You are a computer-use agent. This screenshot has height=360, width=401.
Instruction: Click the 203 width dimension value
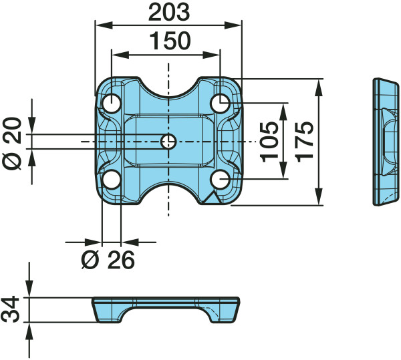(x=169, y=13)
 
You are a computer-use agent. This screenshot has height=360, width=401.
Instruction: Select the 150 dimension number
(x=170, y=41)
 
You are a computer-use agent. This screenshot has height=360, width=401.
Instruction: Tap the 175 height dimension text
(x=304, y=142)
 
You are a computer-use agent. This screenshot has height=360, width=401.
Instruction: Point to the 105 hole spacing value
(x=269, y=142)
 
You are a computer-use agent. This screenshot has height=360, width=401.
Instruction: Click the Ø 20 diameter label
(x=13, y=144)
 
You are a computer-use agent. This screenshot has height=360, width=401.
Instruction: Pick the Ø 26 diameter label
(x=108, y=260)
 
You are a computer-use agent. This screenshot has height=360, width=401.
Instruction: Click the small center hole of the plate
(x=168, y=142)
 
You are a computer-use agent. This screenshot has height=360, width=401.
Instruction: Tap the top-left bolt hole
(x=112, y=104)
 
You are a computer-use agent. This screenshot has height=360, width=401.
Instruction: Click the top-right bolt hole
(x=221, y=103)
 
